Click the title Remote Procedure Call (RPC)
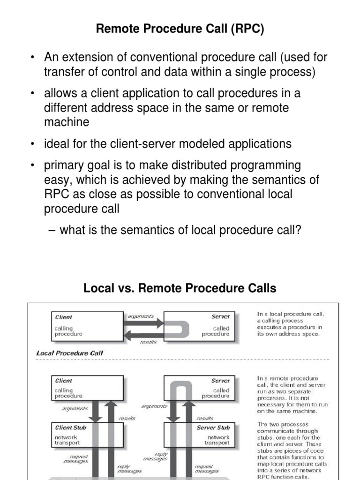click(180, 30)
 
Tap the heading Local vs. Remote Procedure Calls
click(180, 288)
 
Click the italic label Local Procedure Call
click(70, 352)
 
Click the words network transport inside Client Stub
click(67, 440)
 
